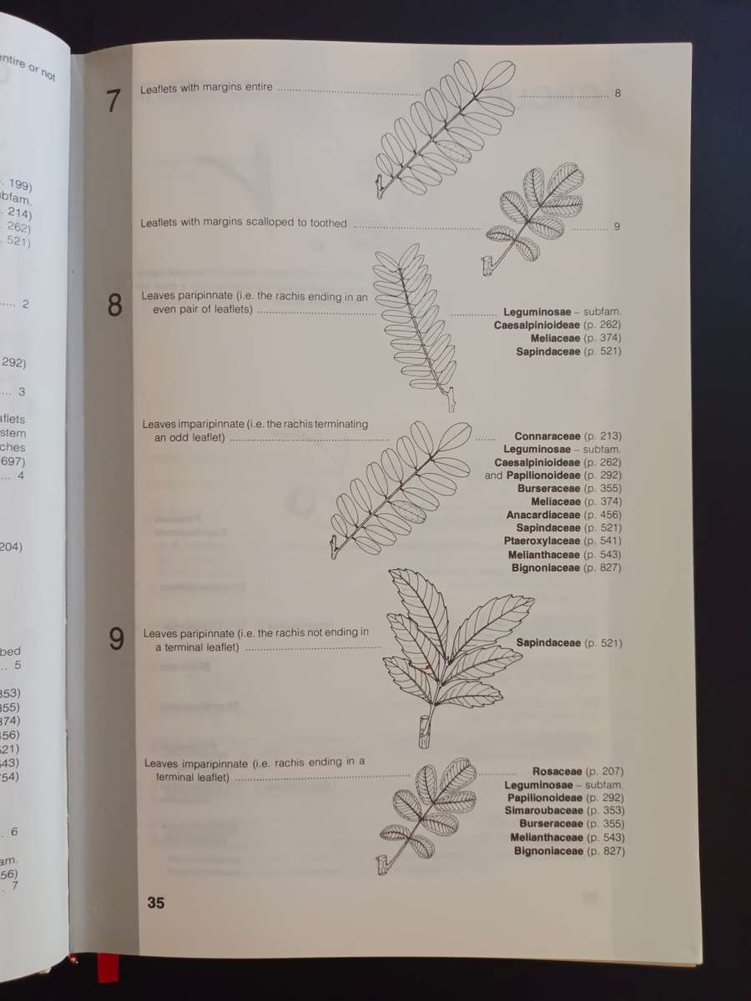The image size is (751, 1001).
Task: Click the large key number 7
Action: click(114, 101)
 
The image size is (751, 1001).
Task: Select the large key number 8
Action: click(115, 306)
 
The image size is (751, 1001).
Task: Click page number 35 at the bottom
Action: click(155, 903)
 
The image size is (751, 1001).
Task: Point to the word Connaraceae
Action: click(547, 436)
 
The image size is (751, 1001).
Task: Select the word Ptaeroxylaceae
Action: click(542, 541)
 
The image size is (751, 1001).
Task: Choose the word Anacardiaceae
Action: click(543, 516)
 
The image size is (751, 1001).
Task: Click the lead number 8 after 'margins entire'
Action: click(617, 93)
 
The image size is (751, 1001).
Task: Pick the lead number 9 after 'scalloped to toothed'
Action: click(617, 227)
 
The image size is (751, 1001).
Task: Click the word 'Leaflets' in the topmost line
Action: click(159, 88)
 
